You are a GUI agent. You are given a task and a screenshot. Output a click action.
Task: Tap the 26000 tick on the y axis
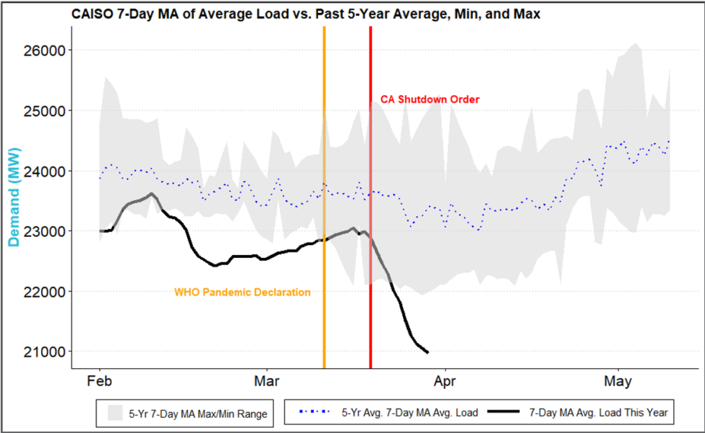click(x=46, y=50)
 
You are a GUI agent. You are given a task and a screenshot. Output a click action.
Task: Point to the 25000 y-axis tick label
click(x=46, y=111)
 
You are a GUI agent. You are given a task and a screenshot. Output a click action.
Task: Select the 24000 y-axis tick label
click(x=46, y=171)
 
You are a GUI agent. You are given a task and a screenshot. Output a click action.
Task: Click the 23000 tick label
click(x=46, y=231)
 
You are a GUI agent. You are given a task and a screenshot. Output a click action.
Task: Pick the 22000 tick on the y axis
click(x=46, y=292)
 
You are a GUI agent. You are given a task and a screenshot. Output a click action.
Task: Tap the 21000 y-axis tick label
click(x=46, y=352)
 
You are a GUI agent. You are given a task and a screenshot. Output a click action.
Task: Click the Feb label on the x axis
click(x=99, y=380)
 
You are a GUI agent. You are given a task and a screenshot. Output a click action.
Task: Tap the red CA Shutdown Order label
click(x=429, y=99)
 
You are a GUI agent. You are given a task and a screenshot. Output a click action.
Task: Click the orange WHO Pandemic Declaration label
click(x=242, y=293)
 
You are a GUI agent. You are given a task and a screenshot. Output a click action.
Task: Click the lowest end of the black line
click(x=428, y=352)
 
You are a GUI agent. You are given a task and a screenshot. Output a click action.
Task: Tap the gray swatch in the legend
click(x=115, y=413)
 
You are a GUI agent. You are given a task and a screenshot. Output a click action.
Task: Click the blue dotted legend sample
click(x=314, y=413)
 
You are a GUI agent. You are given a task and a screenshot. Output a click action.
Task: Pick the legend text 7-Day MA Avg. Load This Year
click(x=599, y=413)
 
